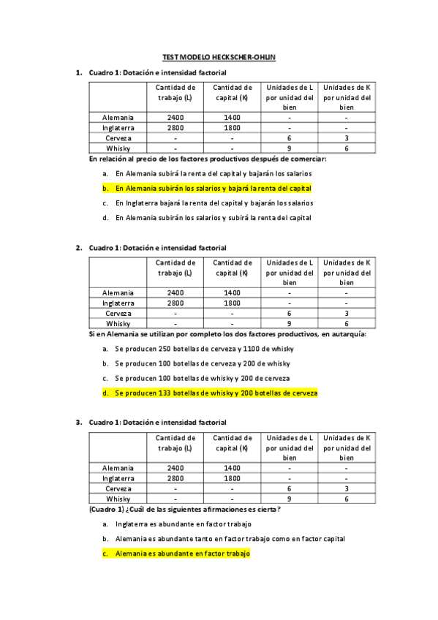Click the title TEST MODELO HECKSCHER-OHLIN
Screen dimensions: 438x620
[219, 56]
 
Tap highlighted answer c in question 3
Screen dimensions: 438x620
[183, 554]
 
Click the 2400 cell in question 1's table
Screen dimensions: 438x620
[175, 117]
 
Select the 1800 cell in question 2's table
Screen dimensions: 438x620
[232, 303]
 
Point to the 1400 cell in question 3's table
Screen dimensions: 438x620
[232, 468]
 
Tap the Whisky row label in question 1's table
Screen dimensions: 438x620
[118, 148]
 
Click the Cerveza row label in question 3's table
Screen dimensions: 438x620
[118, 488]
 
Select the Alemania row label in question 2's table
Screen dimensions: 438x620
[118, 292]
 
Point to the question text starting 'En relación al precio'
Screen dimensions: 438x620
[208, 159]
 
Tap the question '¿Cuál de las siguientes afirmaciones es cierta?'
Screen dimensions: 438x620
[185, 510]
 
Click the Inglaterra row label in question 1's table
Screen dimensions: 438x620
[118, 127]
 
